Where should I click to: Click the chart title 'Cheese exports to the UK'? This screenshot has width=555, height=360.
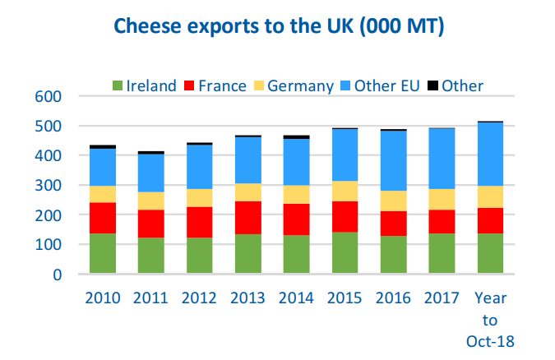(279, 28)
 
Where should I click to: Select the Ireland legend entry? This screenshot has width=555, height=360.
(144, 85)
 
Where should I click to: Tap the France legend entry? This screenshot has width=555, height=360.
(215, 85)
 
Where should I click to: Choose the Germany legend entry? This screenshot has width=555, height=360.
(294, 85)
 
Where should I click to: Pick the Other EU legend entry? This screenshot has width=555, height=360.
(382, 85)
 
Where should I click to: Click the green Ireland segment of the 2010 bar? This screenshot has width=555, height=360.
(103, 253)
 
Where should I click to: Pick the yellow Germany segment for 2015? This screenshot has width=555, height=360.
(345, 191)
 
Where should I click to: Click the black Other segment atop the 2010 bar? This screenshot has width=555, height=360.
(103, 146)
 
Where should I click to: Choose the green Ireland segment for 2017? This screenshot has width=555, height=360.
(442, 253)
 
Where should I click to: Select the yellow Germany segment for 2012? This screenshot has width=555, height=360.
(199, 198)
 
